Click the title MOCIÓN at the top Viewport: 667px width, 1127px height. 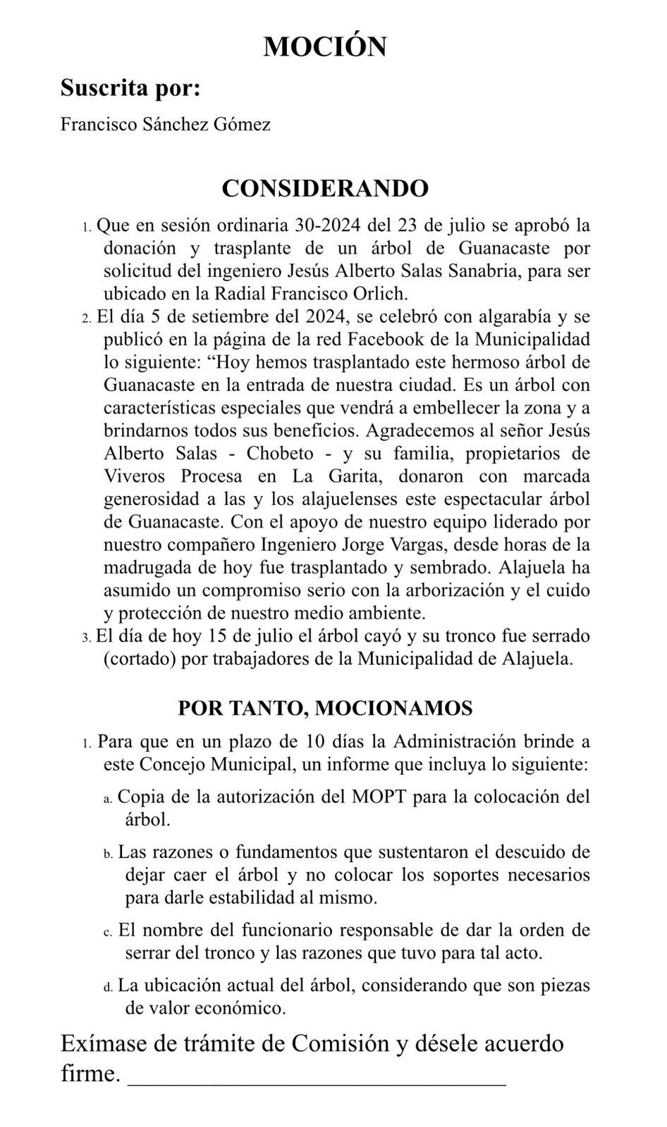coord(325,46)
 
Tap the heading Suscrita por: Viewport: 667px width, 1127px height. coord(130,89)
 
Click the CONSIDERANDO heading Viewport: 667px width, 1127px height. coord(325,189)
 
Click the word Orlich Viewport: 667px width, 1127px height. coord(391,294)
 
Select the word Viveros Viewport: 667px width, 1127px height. coord(133,476)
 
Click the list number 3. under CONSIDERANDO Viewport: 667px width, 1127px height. coord(87,637)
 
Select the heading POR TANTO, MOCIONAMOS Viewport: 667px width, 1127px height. coord(325,708)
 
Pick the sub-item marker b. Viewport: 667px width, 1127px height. coord(108,854)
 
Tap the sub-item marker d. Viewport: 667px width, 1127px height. coord(108,987)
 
